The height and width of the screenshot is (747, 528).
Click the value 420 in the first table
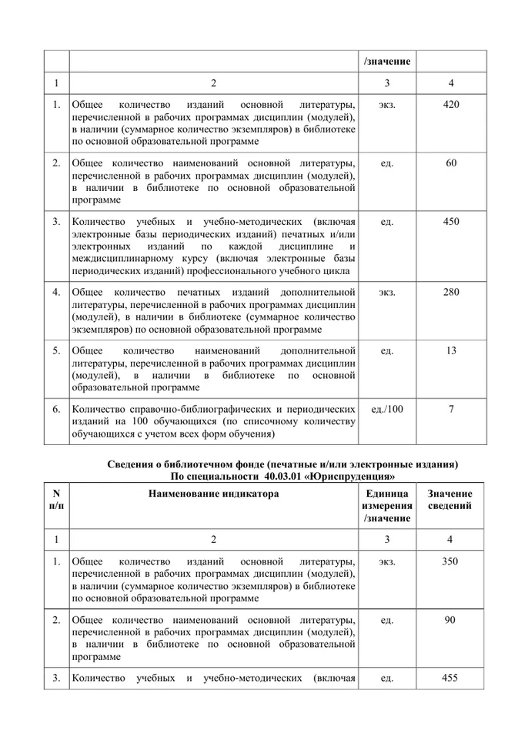pos(451,104)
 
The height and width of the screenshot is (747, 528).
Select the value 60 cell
pos(451,162)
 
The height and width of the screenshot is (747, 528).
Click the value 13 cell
pos(451,350)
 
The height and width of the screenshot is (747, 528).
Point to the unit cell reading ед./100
pos(387,409)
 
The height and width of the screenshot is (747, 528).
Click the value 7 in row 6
pos(451,409)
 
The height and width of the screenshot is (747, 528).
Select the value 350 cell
pos(451,561)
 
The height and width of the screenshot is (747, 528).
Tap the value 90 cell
pos(451,620)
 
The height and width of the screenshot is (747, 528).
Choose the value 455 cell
pos(451,678)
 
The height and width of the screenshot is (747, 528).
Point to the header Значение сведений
pos(451,500)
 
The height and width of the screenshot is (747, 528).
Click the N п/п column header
pos(56,500)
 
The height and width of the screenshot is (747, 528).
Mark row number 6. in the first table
pos(56,409)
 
